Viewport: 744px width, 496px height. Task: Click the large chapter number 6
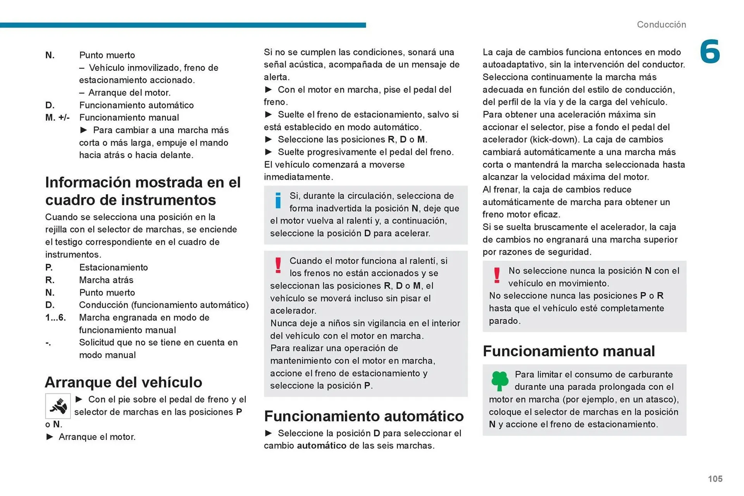point(710,52)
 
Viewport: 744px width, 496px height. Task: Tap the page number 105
point(715,479)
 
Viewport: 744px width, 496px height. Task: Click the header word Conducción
point(661,24)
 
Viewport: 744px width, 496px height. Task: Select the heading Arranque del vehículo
point(124,382)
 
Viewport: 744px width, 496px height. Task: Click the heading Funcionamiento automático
point(363,416)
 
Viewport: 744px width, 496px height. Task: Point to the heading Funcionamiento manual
point(568,351)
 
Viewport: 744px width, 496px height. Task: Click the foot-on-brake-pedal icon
point(58,406)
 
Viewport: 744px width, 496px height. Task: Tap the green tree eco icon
point(499,381)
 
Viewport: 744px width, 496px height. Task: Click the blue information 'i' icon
point(278,201)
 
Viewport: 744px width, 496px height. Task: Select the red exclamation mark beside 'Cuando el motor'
point(278,266)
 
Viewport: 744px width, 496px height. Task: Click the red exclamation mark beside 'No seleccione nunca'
point(496,276)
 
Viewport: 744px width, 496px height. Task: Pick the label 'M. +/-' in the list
point(57,117)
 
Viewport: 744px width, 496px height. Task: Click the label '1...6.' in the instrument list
point(55,318)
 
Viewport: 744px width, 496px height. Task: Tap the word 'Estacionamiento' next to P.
point(113,267)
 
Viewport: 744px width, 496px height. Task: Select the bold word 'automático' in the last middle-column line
point(321,445)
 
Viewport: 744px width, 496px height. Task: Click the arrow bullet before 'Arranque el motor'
point(50,437)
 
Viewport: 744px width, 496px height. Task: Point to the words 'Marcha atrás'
point(106,280)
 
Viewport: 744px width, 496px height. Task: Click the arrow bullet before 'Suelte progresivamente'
point(268,152)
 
